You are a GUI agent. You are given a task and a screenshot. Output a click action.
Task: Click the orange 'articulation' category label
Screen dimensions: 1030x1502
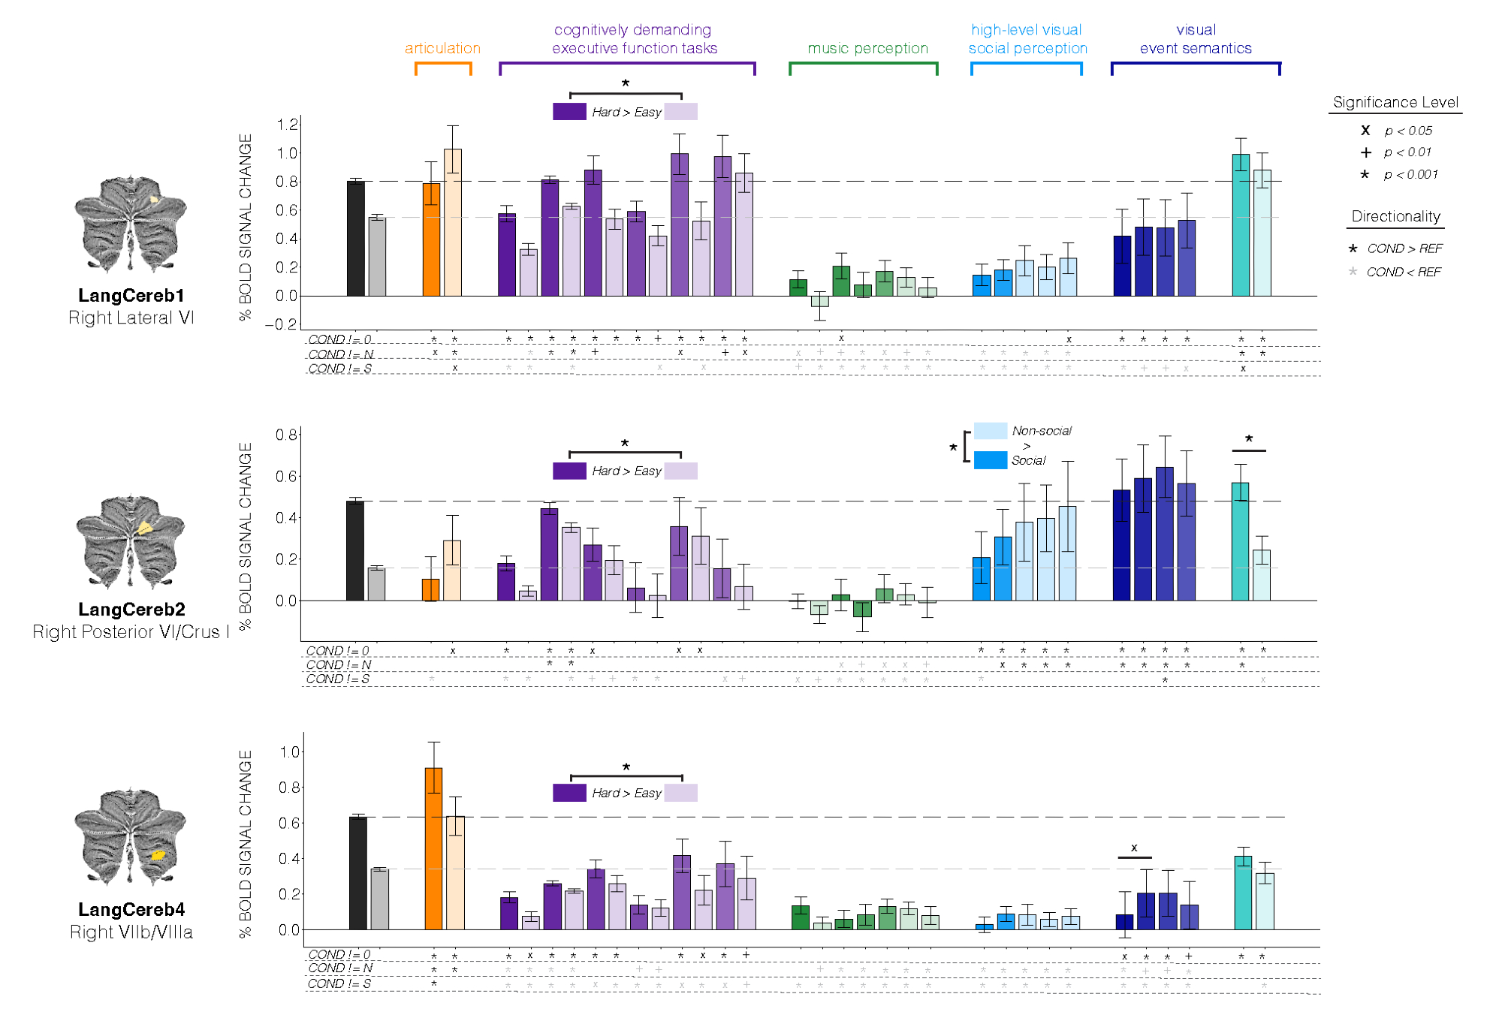pos(442,49)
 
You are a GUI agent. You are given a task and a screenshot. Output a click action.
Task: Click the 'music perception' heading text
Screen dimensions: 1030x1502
pos(867,49)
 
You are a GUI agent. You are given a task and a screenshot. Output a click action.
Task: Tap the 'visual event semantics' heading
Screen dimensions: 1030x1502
pos(1196,39)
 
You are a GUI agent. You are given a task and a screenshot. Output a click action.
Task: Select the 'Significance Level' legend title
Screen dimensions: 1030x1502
pos(1395,102)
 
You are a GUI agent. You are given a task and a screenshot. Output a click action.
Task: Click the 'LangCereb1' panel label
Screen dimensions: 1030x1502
pos(131,296)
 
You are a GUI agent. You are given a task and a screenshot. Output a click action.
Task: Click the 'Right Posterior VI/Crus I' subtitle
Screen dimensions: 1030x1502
pos(131,632)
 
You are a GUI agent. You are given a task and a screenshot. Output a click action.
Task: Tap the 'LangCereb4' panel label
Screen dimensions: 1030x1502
pos(131,910)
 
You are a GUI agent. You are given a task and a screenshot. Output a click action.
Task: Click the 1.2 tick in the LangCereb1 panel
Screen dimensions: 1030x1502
pos(288,125)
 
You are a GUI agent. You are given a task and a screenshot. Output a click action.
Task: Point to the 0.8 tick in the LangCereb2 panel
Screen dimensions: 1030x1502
pos(286,435)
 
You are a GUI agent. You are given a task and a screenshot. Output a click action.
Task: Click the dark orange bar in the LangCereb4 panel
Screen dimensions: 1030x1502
pos(433,848)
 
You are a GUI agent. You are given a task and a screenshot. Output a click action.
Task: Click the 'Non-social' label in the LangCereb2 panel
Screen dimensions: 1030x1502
pos(1041,431)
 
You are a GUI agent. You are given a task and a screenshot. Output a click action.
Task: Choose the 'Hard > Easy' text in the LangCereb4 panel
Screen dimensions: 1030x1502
pos(626,793)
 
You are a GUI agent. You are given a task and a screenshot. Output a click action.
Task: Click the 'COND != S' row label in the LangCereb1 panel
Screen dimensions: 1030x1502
pos(339,369)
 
